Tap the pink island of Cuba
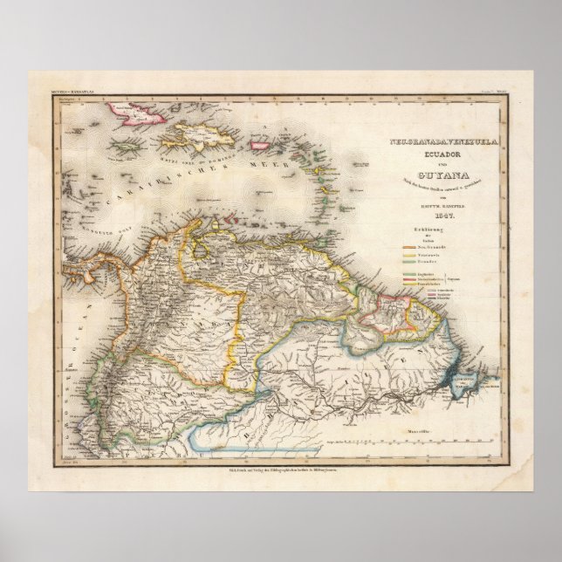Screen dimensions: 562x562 coord(131,112)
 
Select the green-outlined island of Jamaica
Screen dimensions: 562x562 coord(129,151)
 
